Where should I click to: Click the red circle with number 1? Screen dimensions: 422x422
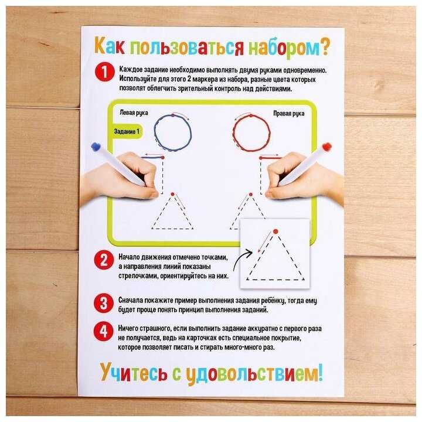[104, 72]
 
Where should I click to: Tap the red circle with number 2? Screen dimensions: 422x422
[104, 260]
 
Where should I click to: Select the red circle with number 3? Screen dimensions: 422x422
[104, 303]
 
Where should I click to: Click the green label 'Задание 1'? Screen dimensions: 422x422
[127, 132]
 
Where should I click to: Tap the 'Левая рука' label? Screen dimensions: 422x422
[134, 113]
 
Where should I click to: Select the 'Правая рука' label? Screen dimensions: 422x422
[289, 113]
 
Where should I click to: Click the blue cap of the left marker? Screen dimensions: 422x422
[96, 147]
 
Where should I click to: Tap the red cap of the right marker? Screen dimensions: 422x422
[326, 147]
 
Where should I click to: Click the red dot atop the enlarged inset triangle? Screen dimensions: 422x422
[275, 232]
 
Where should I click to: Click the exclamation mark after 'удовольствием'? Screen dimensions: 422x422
[320, 373]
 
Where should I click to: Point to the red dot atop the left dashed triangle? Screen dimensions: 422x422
[173, 194]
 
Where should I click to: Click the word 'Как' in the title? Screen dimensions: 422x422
[110, 46]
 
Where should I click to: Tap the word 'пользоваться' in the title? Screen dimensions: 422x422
[187, 47]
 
